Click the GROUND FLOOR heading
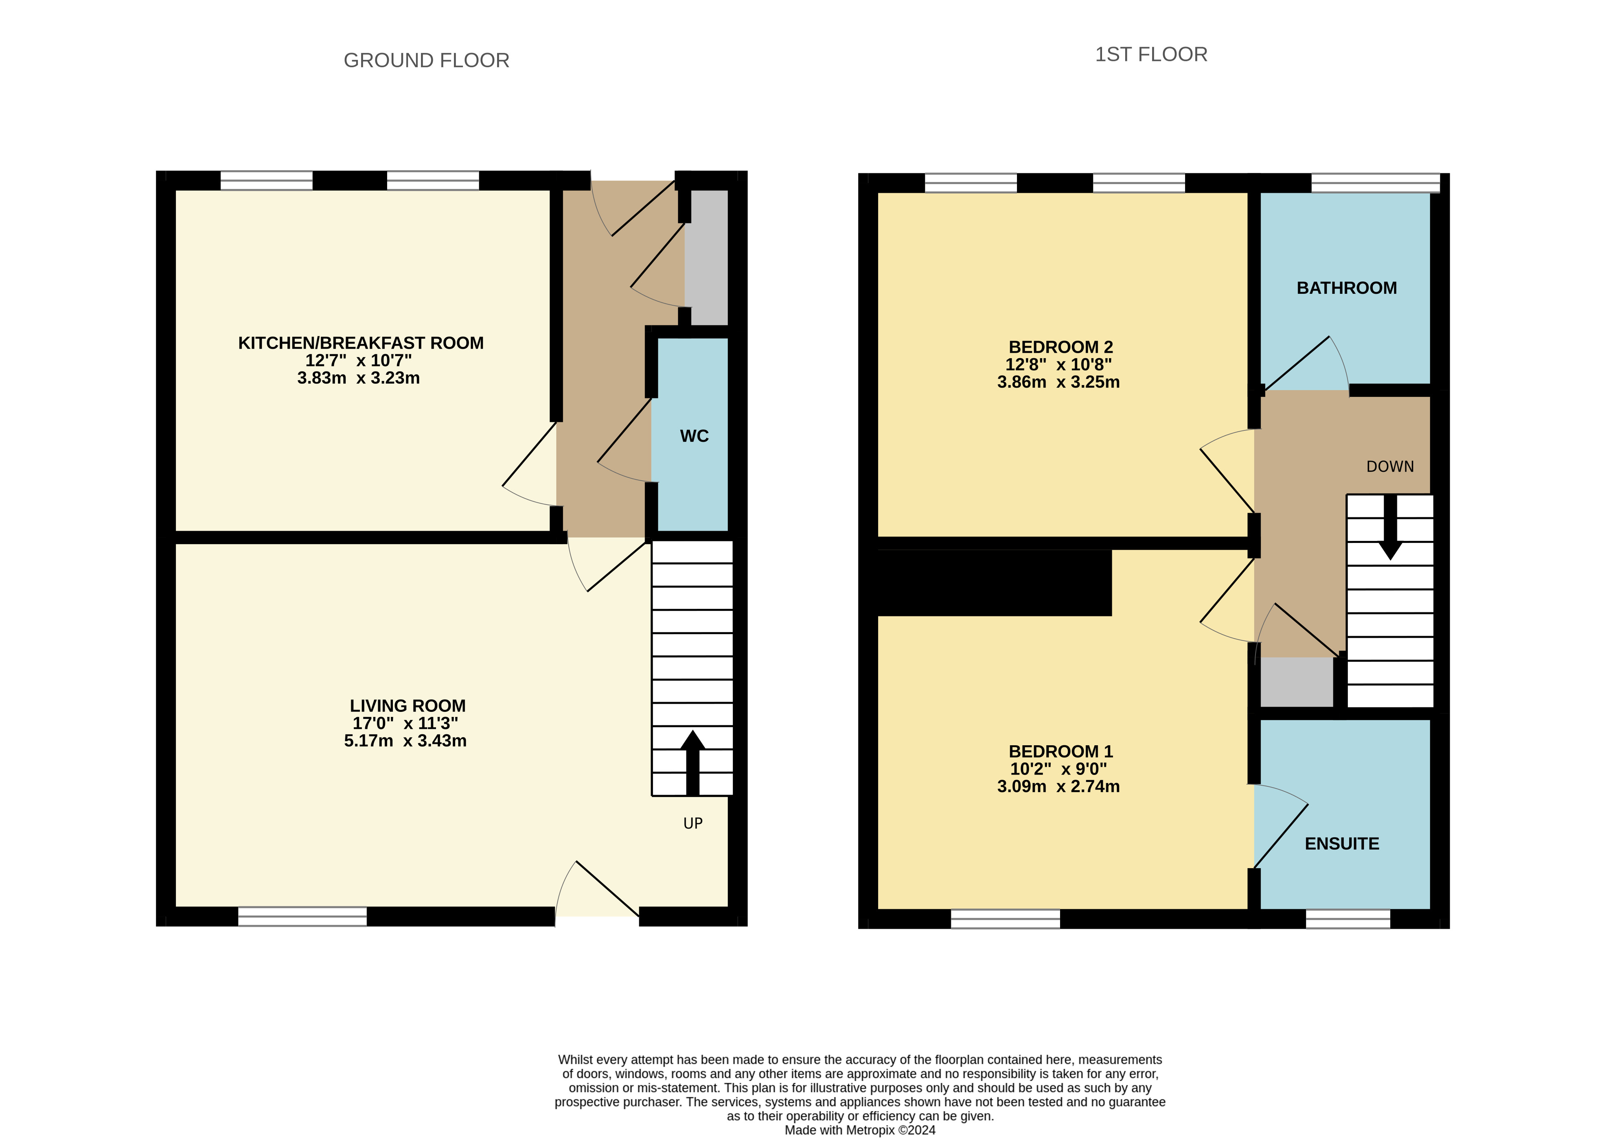click(x=426, y=60)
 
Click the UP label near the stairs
click(x=692, y=823)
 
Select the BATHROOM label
click(x=1346, y=288)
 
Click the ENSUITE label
click(x=1341, y=844)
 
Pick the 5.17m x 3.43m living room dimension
click(x=405, y=741)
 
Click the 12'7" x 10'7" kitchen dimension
click(x=358, y=360)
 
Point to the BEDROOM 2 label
click(x=1060, y=347)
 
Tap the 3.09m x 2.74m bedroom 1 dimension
click(x=1058, y=786)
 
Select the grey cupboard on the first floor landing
click(x=1296, y=681)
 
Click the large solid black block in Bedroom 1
click(x=994, y=583)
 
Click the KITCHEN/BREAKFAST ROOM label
click(x=360, y=343)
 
